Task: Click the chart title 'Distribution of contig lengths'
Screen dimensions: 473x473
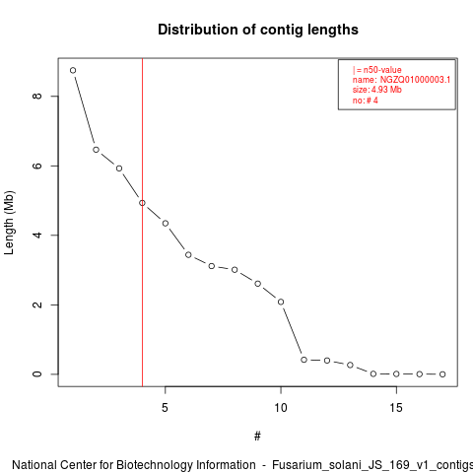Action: click(x=258, y=30)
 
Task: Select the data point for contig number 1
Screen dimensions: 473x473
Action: click(x=73, y=70)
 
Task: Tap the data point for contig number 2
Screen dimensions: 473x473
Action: click(x=96, y=150)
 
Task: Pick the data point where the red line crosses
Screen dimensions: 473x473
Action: click(x=142, y=203)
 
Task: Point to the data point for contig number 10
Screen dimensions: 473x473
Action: click(x=281, y=302)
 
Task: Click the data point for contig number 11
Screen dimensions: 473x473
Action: click(x=304, y=360)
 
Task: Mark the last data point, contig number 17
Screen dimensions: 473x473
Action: click(x=442, y=374)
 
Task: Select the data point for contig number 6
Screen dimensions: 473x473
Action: click(x=188, y=255)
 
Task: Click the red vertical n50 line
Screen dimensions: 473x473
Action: click(x=142, y=223)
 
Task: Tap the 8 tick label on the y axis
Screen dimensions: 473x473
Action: click(x=37, y=96)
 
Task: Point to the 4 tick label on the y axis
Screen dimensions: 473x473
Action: click(x=37, y=236)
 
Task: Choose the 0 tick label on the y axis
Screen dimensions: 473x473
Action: click(x=37, y=374)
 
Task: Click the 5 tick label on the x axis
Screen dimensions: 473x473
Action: click(x=165, y=408)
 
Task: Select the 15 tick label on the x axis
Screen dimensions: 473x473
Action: click(x=396, y=408)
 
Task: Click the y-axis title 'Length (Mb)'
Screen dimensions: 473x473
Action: click(x=9, y=223)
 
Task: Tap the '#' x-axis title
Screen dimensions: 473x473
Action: click(x=257, y=437)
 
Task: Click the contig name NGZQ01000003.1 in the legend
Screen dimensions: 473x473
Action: click(x=415, y=80)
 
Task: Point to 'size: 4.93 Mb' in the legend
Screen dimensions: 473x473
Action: click(x=377, y=90)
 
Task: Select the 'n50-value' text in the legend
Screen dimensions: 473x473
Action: click(x=382, y=70)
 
